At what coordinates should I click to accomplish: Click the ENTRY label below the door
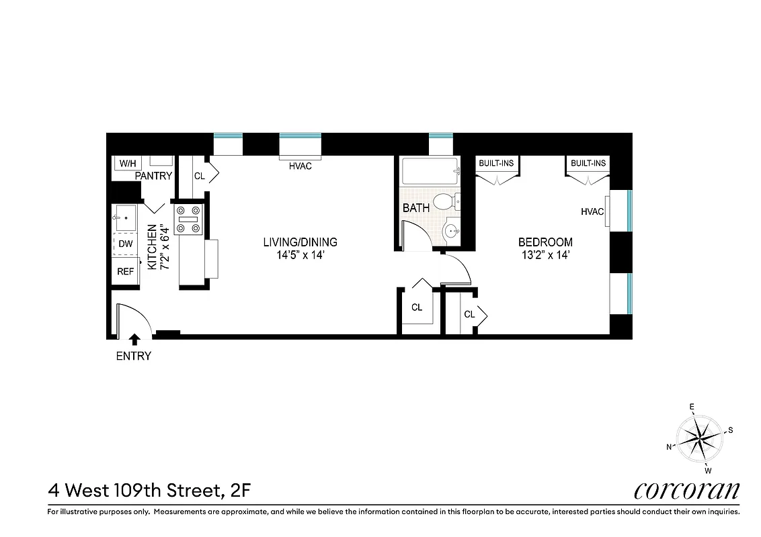click(x=134, y=356)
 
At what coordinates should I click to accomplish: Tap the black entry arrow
click(x=134, y=340)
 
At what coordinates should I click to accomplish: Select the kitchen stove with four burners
click(x=188, y=219)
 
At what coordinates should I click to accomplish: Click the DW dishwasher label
click(x=126, y=244)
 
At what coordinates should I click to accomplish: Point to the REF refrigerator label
click(x=126, y=271)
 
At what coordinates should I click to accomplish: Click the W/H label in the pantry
click(x=126, y=164)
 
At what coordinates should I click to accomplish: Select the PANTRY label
click(x=154, y=176)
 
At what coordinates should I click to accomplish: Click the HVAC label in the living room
click(x=300, y=166)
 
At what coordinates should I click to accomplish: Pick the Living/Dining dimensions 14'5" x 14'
click(x=300, y=255)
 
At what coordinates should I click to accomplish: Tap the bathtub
click(x=428, y=171)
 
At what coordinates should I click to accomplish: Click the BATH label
click(x=416, y=208)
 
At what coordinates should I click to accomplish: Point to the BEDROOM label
click(x=545, y=242)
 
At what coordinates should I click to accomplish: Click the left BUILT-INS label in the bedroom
click(x=496, y=163)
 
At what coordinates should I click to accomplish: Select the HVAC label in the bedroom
click(x=592, y=212)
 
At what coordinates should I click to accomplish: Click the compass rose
click(x=699, y=438)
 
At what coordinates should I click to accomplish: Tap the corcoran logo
click(x=686, y=490)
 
